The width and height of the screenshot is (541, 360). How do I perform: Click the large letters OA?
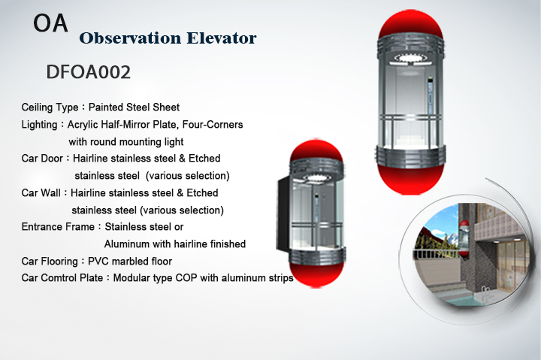[x=50, y=23]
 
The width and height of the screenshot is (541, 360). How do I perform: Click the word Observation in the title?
[x=130, y=38]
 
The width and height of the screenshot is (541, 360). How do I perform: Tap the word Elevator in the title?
[x=222, y=38]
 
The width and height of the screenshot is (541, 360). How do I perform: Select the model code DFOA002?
[x=89, y=72]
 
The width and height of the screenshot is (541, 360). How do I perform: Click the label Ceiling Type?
[x=50, y=107]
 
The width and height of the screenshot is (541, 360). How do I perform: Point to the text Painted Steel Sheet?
[x=134, y=107]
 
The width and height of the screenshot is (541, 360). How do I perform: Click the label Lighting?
[x=39, y=125]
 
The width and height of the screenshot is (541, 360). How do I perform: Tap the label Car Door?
[x=42, y=159]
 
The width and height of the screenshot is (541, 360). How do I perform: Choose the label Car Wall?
[x=41, y=192]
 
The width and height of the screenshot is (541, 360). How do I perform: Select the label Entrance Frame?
[x=58, y=227]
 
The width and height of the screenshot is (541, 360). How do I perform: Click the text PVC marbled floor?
[x=130, y=262]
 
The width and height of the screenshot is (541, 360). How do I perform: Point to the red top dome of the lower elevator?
[x=316, y=150]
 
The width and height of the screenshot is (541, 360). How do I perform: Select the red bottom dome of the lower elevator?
[x=317, y=275]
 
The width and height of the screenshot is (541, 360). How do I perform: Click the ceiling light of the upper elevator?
[x=410, y=58]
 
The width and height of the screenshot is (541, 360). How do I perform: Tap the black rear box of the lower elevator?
[x=283, y=213]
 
